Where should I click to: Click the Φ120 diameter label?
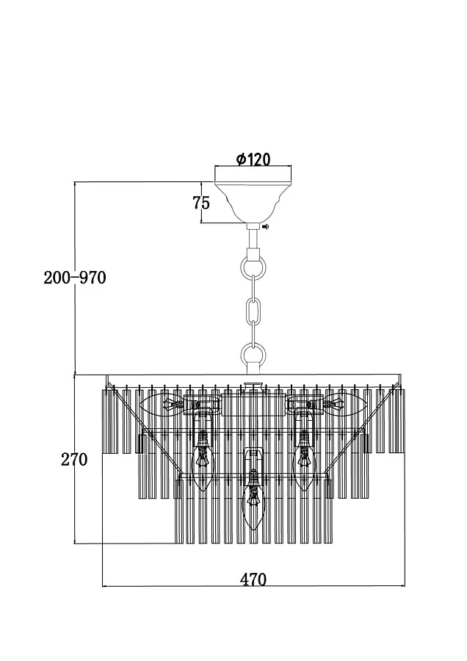[253, 159]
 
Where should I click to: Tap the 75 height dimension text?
[201, 203]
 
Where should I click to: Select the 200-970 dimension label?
[75, 278]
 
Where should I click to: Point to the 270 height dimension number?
[74, 460]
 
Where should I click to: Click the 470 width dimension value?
[253, 579]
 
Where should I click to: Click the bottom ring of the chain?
[253, 356]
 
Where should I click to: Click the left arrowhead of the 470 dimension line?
[104, 586]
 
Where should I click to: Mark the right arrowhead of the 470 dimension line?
[403, 586]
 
